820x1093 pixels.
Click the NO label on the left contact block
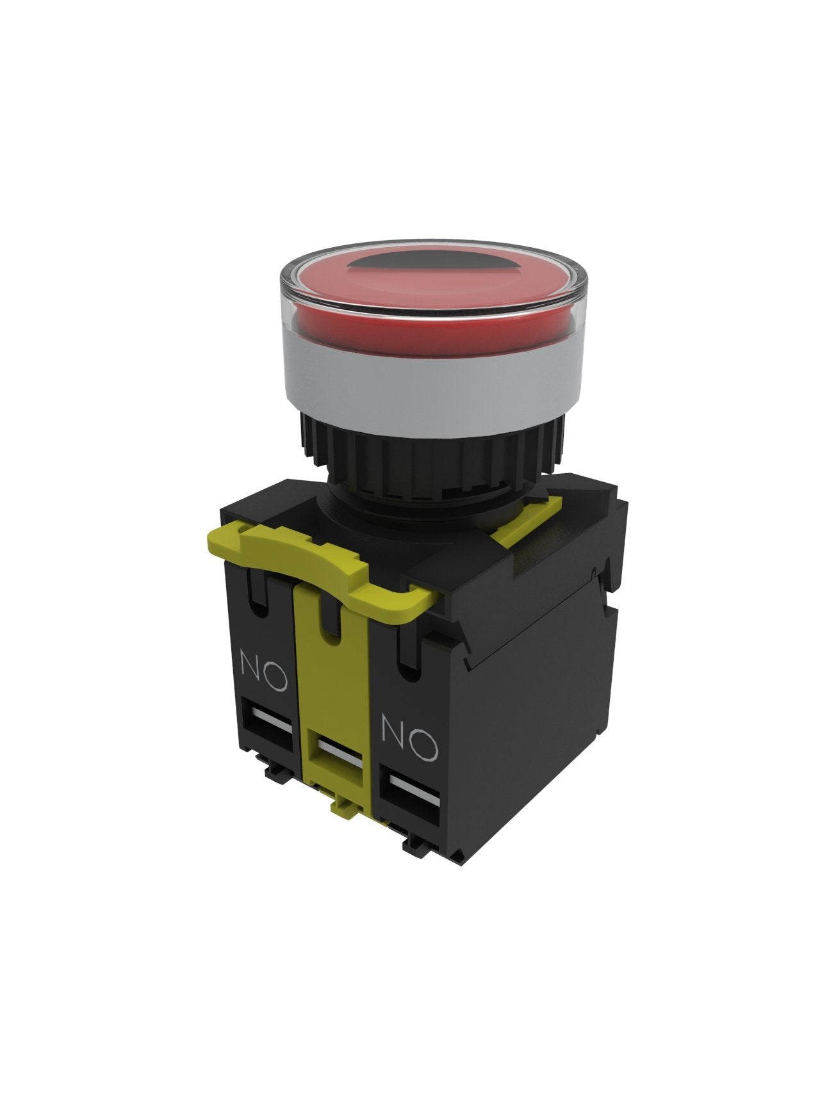pos(262,670)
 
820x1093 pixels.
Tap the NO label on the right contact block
pos(409,740)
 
